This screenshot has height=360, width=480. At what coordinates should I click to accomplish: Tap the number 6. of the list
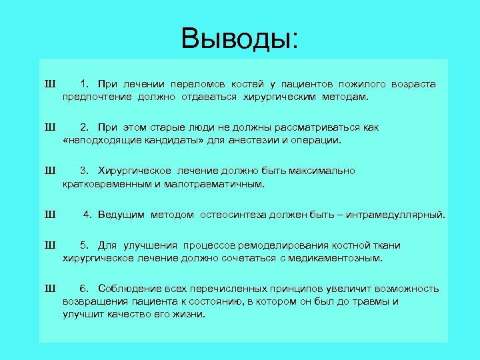click(x=85, y=289)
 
